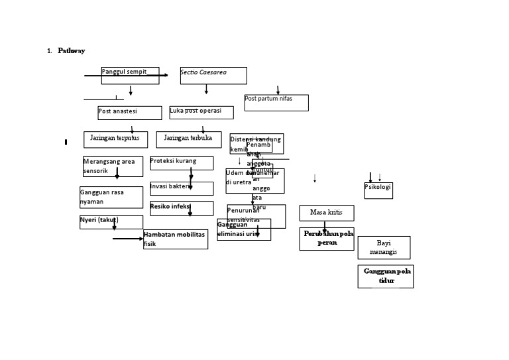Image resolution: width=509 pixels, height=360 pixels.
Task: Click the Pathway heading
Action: tap(71, 51)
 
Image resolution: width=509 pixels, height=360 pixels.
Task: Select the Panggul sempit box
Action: tap(130, 76)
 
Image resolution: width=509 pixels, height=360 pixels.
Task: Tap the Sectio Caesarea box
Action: tap(213, 76)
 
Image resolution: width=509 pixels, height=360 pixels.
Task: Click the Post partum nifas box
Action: tap(276, 103)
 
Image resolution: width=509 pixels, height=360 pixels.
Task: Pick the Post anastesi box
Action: tap(129, 113)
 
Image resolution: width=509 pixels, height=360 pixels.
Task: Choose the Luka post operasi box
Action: tap(201, 112)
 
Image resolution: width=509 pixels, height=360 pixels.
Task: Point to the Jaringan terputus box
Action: tap(115, 139)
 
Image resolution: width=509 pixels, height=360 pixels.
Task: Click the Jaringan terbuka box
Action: tap(188, 139)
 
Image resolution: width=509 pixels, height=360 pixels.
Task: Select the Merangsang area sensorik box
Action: tap(113, 166)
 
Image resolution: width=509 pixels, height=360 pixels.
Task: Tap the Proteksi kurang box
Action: tap(182, 163)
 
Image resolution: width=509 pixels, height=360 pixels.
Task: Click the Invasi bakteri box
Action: tap(182, 188)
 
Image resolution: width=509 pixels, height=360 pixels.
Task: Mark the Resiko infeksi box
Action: tap(182, 208)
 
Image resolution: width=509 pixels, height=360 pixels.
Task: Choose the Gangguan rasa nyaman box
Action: tap(111, 197)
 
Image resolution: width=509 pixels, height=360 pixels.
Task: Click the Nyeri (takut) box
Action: tap(111, 221)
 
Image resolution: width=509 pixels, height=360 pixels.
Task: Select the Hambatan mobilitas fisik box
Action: tap(176, 239)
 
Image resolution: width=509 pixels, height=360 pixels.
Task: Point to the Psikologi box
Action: tap(378, 190)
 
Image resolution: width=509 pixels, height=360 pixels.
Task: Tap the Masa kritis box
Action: tap(326, 213)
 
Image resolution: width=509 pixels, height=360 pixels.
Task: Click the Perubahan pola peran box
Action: tap(326, 239)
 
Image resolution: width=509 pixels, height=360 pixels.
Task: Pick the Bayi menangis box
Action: tap(384, 247)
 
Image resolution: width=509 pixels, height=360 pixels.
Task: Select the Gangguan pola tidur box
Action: tap(385, 276)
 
